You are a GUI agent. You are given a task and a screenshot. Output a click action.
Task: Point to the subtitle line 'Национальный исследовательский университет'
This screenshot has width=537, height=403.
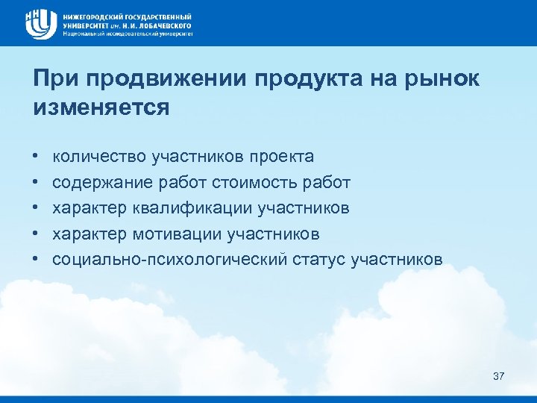click(127, 34)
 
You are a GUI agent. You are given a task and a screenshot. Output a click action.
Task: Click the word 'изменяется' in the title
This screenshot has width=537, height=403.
click(101, 107)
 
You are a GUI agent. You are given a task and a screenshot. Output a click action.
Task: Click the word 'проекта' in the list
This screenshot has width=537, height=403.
click(283, 157)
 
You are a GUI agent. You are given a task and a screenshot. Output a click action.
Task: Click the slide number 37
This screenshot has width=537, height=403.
click(499, 376)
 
